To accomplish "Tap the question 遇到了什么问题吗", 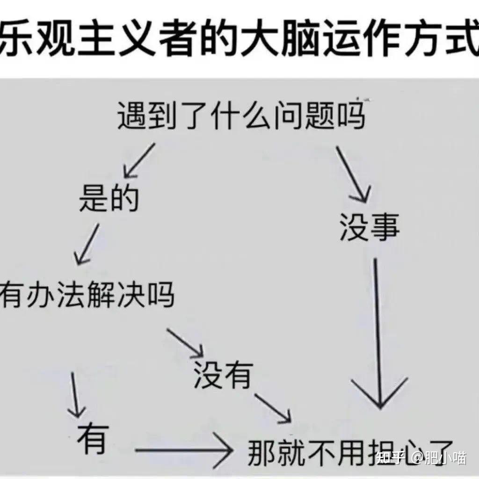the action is click(x=241, y=116).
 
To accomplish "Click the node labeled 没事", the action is click(x=370, y=226).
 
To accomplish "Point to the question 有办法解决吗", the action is click(x=87, y=295).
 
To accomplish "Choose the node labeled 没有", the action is click(x=223, y=374).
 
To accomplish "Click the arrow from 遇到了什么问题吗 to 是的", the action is click(x=139, y=161).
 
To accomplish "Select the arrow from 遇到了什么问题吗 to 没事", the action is click(x=353, y=174).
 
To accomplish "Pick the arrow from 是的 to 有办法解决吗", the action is click(x=87, y=244).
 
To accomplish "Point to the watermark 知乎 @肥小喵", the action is click(x=421, y=457).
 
